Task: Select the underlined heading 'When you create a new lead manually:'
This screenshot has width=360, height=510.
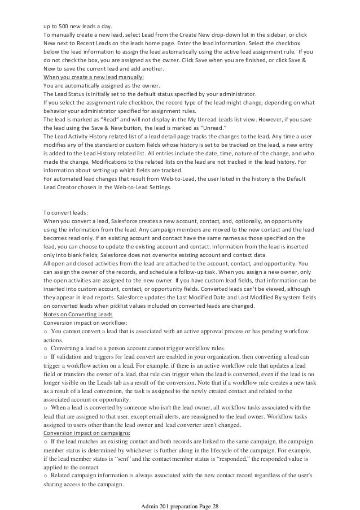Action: click(x=94, y=78)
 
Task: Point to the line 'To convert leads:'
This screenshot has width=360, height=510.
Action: click(x=65, y=212)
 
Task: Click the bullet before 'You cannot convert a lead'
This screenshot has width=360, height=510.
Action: click(x=46, y=332)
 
